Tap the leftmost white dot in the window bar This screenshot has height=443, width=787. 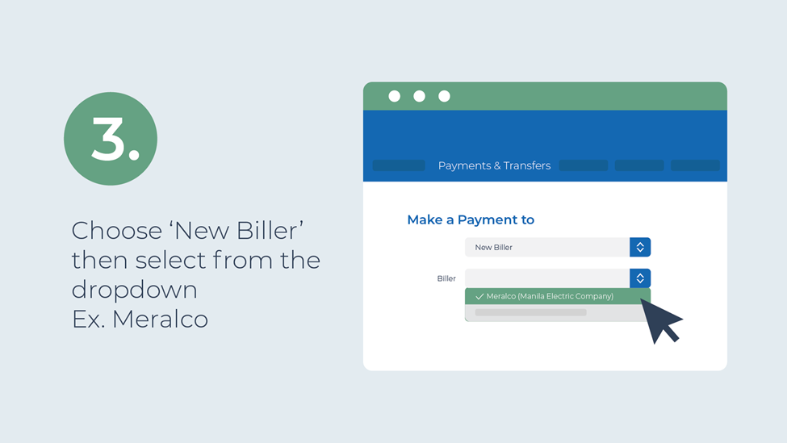[395, 96]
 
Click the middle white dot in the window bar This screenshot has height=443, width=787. [420, 96]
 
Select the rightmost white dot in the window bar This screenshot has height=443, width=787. [444, 96]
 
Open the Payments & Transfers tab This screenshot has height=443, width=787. [494, 165]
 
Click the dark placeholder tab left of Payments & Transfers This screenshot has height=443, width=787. [399, 165]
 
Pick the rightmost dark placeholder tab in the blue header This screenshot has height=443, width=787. [695, 165]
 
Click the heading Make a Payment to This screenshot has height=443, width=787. [471, 219]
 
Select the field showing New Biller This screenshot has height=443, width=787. [547, 247]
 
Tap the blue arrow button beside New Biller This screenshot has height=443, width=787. [640, 247]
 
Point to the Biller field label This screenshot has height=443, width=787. [446, 278]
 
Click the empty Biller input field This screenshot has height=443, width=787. [547, 278]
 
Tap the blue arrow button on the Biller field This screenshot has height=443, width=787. [640, 278]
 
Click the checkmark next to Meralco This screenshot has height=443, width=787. [479, 296]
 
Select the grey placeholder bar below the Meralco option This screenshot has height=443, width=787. [530, 312]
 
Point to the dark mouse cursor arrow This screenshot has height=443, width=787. [660, 320]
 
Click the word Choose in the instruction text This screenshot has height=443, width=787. [117, 231]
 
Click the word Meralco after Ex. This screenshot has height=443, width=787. [160, 319]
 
